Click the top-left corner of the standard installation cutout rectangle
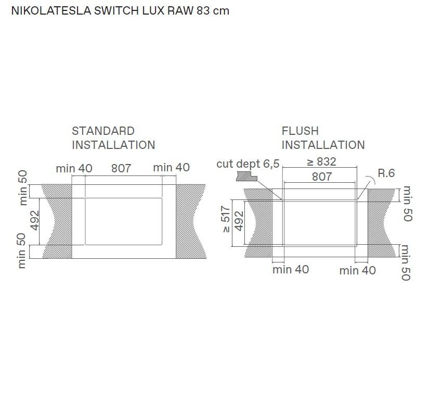tap(85, 198)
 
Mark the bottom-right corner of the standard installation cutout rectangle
tap(162, 244)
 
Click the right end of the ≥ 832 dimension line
tap(357, 167)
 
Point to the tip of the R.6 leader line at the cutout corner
tap(357, 200)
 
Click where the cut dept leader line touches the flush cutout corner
tap(282, 200)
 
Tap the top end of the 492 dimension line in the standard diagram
tap(40, 198)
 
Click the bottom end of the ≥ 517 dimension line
tap(232, 246)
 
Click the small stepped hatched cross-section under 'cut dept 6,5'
tap(246, 177)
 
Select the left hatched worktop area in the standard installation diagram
tap(58, 221)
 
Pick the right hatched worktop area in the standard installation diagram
tap(191, 221)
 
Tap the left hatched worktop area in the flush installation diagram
tap(258, 223)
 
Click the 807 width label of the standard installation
tap(121, 168)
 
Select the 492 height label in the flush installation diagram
tap(239, 221)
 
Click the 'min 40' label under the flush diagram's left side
tap(291, 269)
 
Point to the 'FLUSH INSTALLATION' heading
tap(323, 138)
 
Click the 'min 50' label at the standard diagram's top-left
tap(23, 188)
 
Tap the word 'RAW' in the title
tap(180, 11)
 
